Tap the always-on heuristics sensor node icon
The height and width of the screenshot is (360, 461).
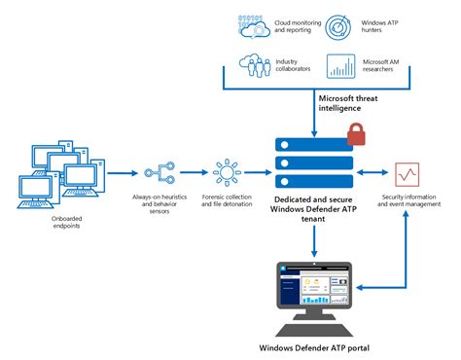coord(160,174)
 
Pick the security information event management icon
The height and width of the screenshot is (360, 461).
coord(408,175)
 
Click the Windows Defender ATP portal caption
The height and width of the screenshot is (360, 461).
coord(314,348)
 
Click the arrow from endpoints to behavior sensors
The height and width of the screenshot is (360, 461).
coord(121,174)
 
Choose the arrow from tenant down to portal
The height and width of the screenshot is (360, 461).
coord(314,242)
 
